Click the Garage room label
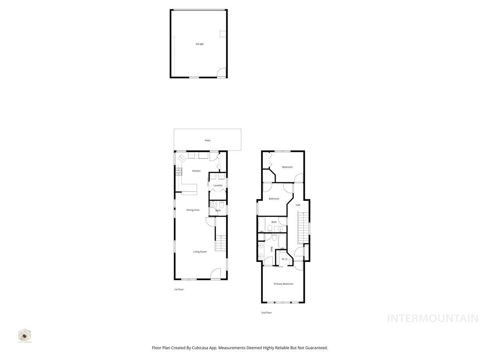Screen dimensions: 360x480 199,44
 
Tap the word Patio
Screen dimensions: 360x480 207,140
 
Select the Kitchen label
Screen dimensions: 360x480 196,171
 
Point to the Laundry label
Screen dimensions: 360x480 218,186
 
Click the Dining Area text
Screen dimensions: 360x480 193,210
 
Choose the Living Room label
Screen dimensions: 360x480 200,252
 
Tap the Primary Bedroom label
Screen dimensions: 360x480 283,284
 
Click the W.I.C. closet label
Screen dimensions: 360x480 285,259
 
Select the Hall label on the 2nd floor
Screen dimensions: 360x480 298,205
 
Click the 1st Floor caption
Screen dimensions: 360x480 178,289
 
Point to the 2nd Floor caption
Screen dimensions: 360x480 266,313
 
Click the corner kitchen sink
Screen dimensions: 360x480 180,157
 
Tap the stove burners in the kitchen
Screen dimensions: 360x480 178,172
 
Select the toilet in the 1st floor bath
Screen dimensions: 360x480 222,204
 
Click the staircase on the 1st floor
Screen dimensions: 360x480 221,243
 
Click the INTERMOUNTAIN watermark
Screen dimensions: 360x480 433,318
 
